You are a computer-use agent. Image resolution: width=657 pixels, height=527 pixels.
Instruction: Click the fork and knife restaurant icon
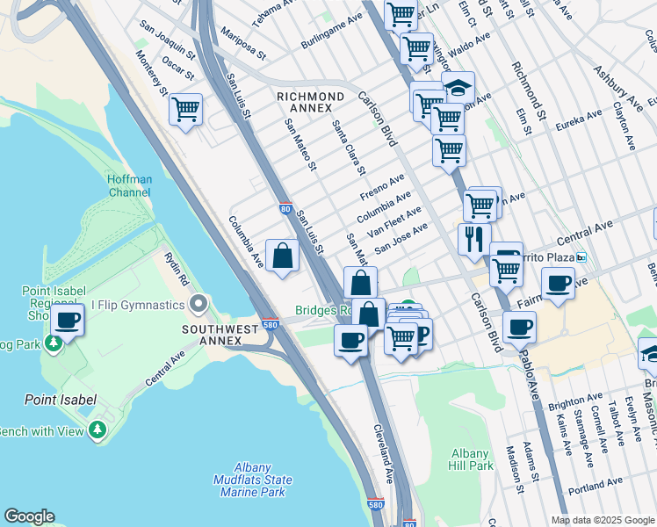[474, 239]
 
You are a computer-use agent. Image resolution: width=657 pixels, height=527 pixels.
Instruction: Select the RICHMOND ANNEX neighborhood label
[310, 97]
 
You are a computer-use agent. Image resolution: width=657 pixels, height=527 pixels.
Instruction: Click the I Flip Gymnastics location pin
[199, 305]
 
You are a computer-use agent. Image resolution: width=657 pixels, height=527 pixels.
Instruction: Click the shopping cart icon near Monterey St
[185, 111]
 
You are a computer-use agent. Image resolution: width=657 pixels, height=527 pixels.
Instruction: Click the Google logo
[29, 516]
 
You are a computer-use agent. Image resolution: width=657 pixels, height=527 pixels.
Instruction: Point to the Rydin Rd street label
[176, 268]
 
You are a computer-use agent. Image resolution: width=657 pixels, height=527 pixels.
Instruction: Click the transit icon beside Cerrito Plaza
[581, 257]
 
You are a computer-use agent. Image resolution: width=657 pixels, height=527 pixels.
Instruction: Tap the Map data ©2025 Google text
[602, 520]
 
